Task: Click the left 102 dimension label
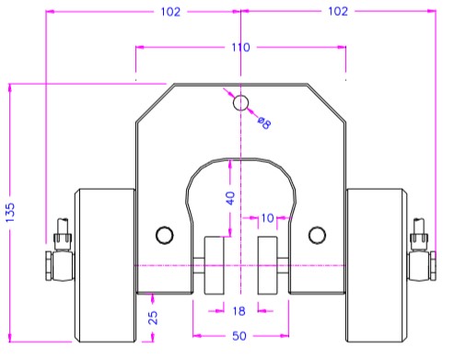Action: point(170,12)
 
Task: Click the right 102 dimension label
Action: point(338,11)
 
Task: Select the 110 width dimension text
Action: point(240,47)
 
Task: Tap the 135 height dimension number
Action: point(10,213)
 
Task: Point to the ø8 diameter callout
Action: point(264,122)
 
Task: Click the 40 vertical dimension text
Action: point(230,198)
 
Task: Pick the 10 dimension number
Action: point(267,218)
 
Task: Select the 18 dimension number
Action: point(239,311)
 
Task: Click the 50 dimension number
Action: point(239,336)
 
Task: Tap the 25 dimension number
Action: point(153,318)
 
